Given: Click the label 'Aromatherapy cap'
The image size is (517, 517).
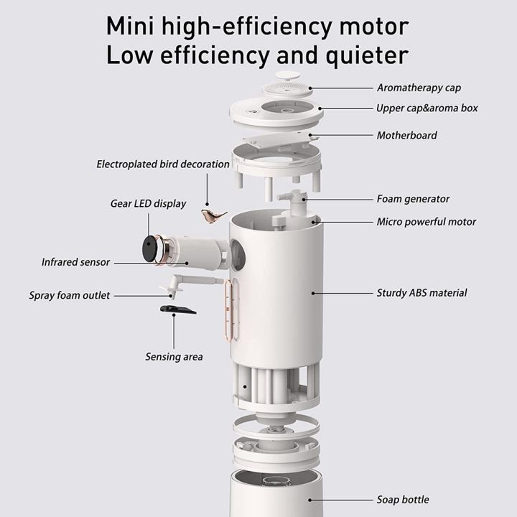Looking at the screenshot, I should click(419, 88).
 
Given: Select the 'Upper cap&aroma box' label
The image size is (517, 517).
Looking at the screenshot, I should click(427, 109).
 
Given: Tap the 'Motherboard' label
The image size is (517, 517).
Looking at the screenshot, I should click(406, 135).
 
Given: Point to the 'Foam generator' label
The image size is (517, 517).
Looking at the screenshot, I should click(413, 199).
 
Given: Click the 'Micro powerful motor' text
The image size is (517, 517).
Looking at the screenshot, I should click(427, 222).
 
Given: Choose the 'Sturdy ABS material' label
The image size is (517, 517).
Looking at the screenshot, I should click(421, 293).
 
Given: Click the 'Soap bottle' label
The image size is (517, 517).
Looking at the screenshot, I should click(403, 500).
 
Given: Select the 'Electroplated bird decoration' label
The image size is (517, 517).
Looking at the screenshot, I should click(163, 164).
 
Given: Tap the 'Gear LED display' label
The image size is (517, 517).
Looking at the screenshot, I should click(148, 204).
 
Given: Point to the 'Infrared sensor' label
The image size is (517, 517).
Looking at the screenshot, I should click(75, 262).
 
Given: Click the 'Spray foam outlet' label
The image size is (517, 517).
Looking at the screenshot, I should click(70, 295).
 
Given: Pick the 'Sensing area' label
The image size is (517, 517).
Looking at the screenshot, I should click(174, 357).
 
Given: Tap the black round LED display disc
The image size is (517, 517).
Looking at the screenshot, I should click(149, 248).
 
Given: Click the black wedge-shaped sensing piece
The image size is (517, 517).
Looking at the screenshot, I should click(176, 309).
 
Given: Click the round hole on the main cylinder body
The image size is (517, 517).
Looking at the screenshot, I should click(238, 253).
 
